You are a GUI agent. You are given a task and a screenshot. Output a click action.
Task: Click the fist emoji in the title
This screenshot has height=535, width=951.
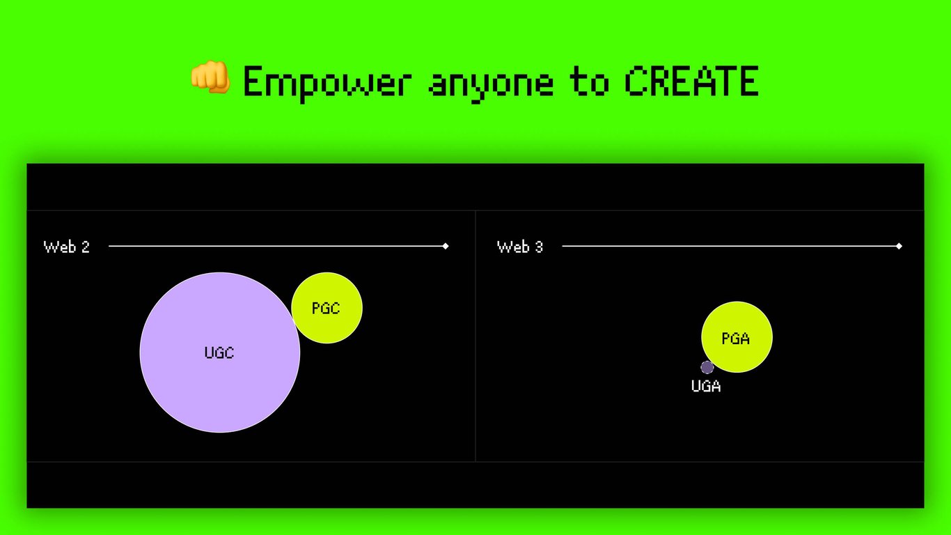[210, 77]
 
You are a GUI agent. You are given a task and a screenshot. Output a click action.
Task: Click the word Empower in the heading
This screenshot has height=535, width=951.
[327, 84]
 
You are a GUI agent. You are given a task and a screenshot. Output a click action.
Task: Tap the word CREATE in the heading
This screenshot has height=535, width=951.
[691, 81]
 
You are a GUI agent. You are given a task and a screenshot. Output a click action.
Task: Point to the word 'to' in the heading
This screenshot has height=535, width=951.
[589, 81]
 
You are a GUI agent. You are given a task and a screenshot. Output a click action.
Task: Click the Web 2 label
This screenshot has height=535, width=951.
[67, 247]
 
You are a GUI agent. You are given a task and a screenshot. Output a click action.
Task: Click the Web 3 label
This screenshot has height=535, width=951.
[520, 247]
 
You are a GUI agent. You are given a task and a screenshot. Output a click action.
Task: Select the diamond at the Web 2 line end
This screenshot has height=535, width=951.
[446, 246]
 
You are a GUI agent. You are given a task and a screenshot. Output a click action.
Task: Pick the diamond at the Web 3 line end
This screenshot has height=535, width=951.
[899, 246]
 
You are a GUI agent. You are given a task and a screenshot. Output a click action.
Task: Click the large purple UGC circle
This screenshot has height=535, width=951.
[220, 352]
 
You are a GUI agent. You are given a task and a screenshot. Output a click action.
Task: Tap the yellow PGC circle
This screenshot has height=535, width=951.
[327, 308]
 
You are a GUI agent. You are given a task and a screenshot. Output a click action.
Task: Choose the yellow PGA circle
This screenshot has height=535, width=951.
[737, 337]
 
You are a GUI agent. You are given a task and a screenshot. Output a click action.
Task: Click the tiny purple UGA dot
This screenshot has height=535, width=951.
[707, 367]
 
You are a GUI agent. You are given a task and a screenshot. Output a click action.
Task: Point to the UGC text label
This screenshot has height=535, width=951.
[219, 352]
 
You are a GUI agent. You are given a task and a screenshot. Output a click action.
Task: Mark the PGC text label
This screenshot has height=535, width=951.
[326, 308]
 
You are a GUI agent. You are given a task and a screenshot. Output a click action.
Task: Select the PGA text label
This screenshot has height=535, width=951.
[736, 339]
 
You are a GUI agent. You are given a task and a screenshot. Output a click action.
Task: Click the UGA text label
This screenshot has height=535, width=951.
[706, 386]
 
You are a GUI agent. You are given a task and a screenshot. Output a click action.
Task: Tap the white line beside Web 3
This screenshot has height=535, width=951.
[730, 246]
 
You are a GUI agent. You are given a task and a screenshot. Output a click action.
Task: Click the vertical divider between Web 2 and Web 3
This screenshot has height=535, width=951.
[475, 336]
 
